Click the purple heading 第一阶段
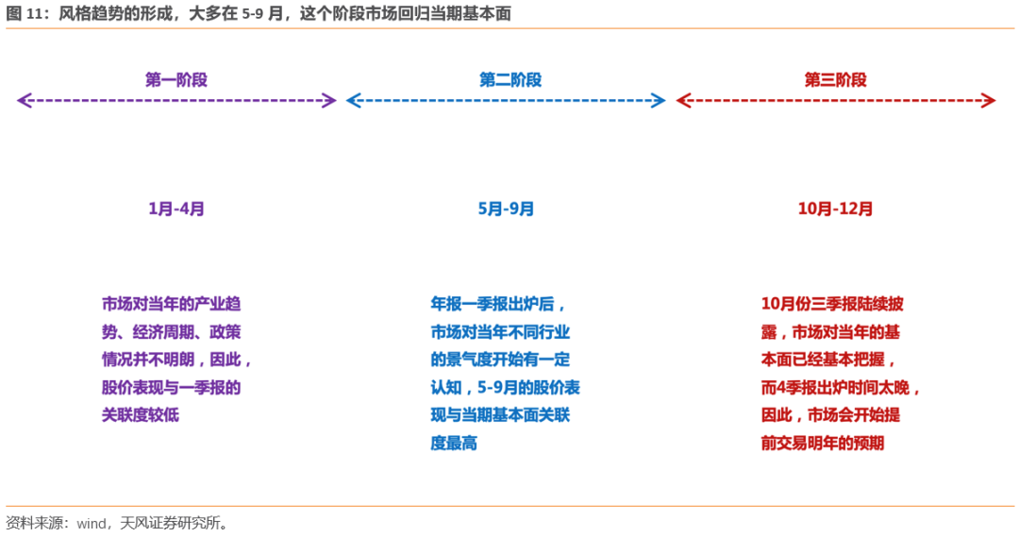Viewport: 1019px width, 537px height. (176, 80)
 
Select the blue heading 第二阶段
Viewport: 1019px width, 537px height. (510, 80)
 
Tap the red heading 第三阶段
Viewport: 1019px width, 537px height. (835, 80)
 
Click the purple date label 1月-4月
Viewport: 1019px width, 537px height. (176, 209)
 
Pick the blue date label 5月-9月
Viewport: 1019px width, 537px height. (506, 209)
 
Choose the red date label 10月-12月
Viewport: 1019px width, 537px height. (835, 209)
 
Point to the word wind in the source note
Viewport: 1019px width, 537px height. (91, 524)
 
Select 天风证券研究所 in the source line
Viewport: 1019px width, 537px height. (170, 523)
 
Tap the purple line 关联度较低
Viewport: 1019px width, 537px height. (140, 414)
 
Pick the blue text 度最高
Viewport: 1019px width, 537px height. (454, 444)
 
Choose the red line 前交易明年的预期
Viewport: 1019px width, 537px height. (822, 444)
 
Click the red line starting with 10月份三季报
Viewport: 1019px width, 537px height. (832, 304)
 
